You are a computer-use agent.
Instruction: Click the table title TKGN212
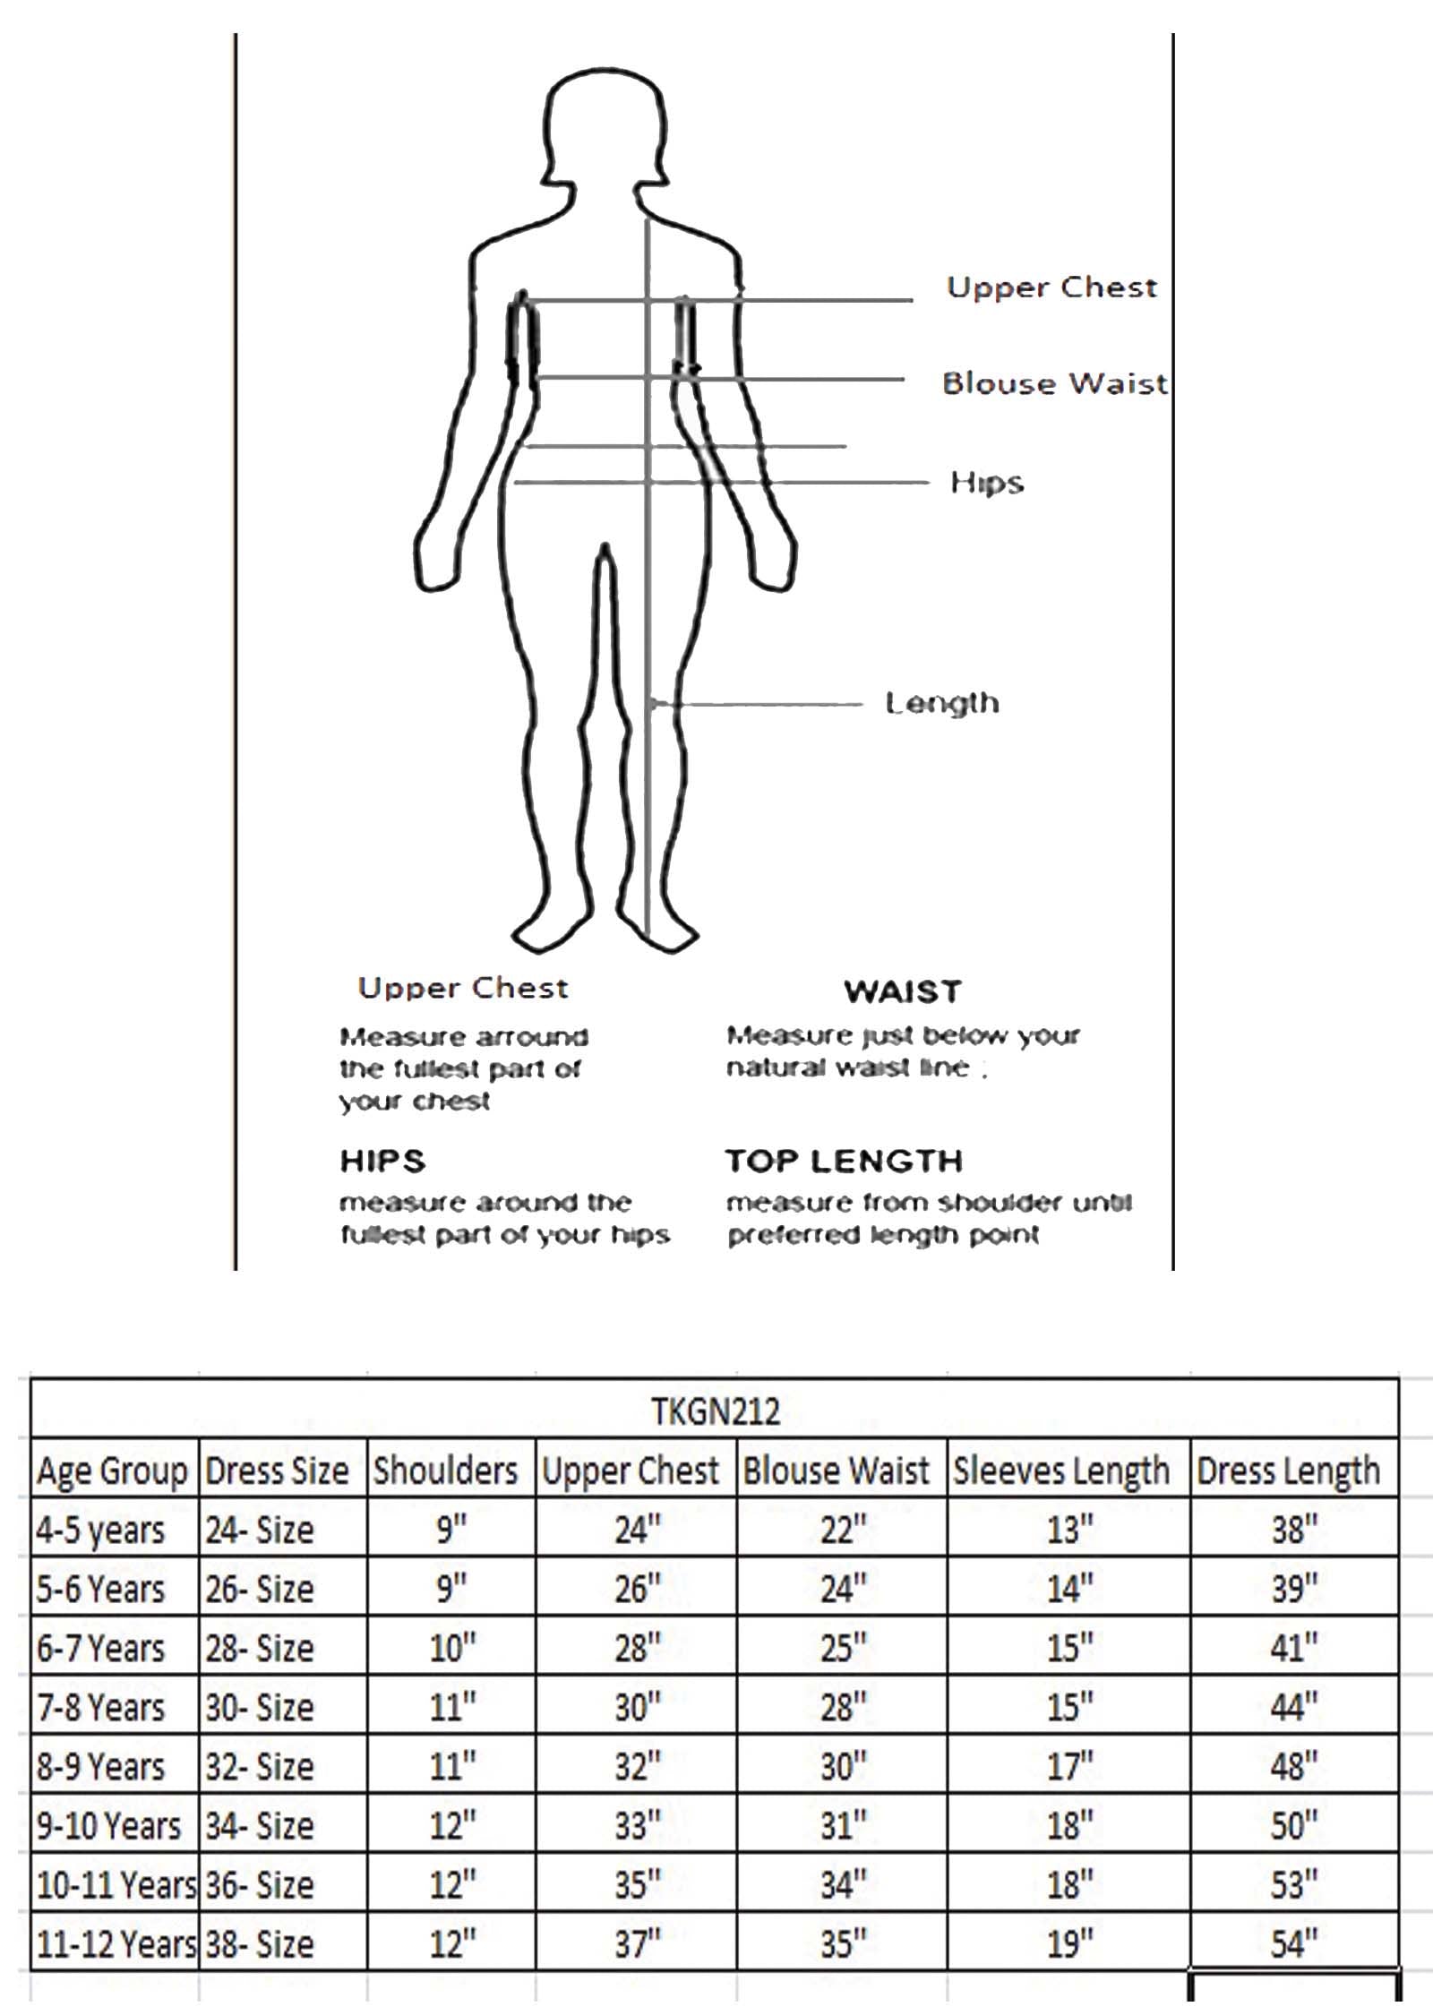pos(715,1412)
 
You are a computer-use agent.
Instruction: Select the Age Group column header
pos(112,1471)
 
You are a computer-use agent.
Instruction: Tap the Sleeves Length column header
pos(1061,1471)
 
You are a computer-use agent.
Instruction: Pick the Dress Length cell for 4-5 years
pos(1294,1530)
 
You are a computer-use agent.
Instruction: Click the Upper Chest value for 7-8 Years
pos(637,1707)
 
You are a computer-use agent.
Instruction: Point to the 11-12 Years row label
pos(116,1943)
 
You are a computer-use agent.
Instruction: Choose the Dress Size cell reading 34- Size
pos(260,1825)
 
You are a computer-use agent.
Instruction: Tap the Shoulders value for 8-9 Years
pos(452,1766)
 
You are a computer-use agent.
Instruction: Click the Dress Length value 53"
pos(1294,1884)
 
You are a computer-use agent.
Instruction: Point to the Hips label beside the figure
pos(987,483)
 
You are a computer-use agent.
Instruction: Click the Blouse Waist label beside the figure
pos(1055,383)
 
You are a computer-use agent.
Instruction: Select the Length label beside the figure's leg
pos(942,703)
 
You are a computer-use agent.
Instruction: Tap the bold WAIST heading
pos(903,991)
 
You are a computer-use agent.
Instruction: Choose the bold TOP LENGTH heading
pos(844,1161)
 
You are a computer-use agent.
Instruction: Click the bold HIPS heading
pos(382,1161)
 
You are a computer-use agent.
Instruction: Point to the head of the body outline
pos(606,125)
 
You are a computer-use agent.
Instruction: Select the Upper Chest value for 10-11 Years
pos(637,1884)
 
